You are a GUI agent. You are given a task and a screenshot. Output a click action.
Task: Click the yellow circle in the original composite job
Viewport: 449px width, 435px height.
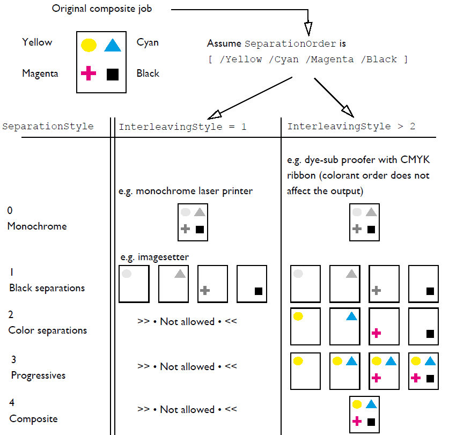pyautogui.click(x=89, y=45)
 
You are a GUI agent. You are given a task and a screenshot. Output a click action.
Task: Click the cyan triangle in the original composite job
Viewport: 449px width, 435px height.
pyautogui.click(x=113, y=46)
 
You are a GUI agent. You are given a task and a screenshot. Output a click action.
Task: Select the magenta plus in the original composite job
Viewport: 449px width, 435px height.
pyautogui.click(x=89, y=73)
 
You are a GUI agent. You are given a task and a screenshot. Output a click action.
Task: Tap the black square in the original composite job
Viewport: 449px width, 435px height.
pyautogui.click(x=112, y=74)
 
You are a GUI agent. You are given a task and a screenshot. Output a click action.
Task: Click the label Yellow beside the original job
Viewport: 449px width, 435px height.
pyautogui.click(x=37, y=42)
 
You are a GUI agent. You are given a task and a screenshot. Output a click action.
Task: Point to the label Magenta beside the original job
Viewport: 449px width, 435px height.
pyautogui.click(x=40, y=73)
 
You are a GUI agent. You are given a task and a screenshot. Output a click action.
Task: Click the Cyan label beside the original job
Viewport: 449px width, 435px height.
pyautogui.click(x=148, y=42)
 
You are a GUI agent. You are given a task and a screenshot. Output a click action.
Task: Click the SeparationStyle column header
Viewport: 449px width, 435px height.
pyautogui.click(x=48, y=127)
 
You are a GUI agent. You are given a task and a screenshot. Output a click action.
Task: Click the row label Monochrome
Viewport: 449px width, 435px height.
pyautogui.click(x=37, y=226)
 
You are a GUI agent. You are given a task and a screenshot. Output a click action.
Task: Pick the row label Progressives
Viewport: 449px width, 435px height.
pyautogui.click(x=38, y=375)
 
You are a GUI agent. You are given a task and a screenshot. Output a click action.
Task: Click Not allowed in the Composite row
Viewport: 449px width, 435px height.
pyautogui.click(x=187, y=410)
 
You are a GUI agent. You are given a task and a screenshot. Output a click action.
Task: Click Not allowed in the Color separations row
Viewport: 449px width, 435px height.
pyautogui.click(x=187, y=322)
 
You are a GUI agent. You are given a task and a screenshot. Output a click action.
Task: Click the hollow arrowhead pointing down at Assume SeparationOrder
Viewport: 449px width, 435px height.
pyautogui.click(x=308, y=28)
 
